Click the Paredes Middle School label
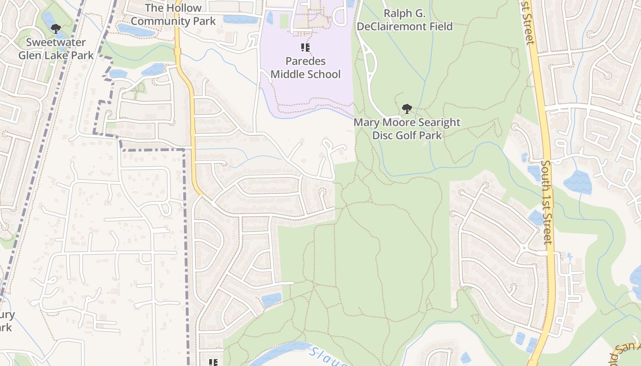(x=305, y=67)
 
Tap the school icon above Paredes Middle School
(x=305, y=47)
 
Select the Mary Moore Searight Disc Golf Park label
(x=407, y=129)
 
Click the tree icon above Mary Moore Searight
(x=407, y=109)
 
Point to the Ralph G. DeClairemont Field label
(x=405, y=20)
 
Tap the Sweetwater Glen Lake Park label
(x=56, y=49)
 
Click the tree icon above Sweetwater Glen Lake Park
(x=56, y=29)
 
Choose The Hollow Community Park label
(x=173, y=15)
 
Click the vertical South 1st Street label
(x=547, y=201)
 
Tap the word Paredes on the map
(x=305, y=61)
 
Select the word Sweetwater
(x=56, y=43)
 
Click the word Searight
(x=436, y=123)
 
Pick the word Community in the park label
(x=158, y=21)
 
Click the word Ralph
(x=398, y=13)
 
